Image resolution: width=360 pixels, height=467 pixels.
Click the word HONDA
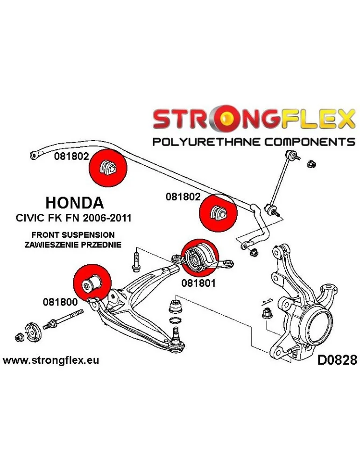click(x=75, y=203)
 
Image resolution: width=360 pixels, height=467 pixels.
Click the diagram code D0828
click(x=337, y=360)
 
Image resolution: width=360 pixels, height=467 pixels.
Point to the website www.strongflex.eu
click(x=51, y=360)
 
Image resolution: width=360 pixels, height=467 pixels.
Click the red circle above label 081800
click(x=92, y=282)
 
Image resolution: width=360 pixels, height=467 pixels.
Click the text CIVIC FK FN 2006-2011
click(x=74, y=218)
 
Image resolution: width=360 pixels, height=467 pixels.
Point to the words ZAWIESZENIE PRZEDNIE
click(x=74, y=244)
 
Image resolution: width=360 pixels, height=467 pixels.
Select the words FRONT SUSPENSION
click(x=73, y=234)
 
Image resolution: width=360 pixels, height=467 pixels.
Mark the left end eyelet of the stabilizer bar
click(x=34, y=155)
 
